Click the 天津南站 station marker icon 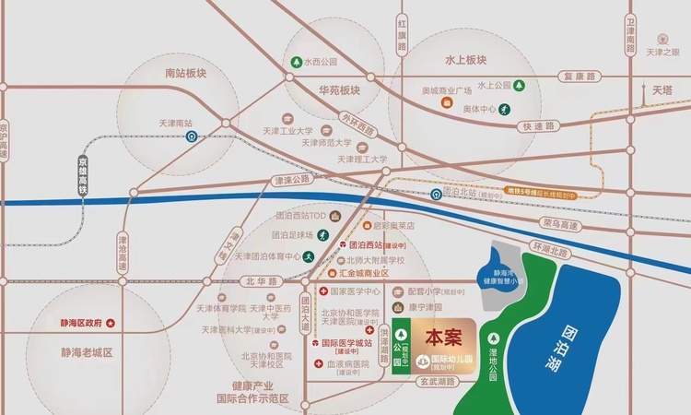pyautogui.click(x=192, y=136)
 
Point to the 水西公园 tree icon pyautogui.click(x=296, y=63)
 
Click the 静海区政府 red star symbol pyautogui.click(x=111, y=323)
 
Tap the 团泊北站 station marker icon pyautogui.click(x=436, y=195)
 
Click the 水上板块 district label pyautogui.click(x=464, y=60)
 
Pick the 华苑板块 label pyautogui.click(x=339, y=90)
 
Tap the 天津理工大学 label pyautogui.click(x=362, y=160)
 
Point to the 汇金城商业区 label pyautogui.click(x=364, y=274)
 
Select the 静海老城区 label pyautogui.click(x=87, y=353)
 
